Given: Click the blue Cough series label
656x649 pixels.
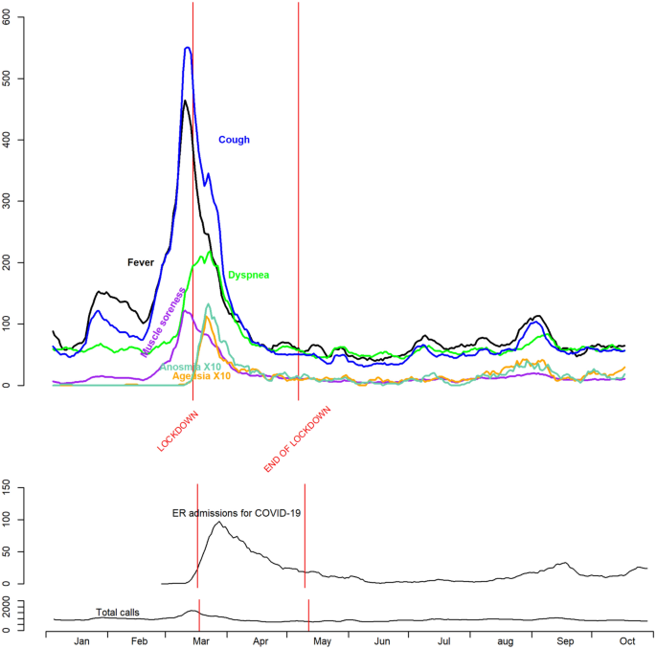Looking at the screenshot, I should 234,140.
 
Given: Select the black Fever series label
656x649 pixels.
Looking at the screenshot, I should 141,261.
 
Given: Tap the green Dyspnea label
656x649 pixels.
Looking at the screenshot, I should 248,275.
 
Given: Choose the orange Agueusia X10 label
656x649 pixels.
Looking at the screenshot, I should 202,376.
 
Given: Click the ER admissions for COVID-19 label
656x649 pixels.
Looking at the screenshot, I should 237,513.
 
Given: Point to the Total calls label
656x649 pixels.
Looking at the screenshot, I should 122,612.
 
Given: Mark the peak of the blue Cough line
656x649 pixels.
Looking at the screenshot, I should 188,47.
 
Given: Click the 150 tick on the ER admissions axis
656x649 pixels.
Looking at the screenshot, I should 34,487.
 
